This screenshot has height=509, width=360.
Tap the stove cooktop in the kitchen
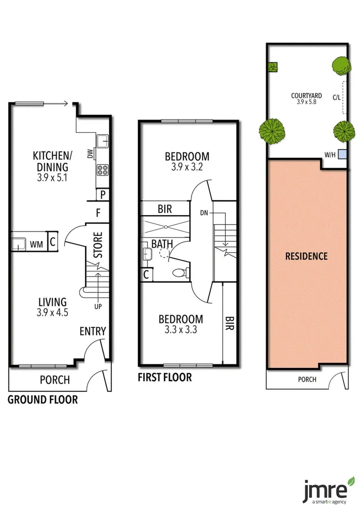tap(103, 170)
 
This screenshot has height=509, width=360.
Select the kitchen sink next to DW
tap(102, 140)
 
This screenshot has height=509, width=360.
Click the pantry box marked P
tap(102, 194)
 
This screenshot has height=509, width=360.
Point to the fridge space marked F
tap(98, 213)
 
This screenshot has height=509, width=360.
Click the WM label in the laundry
tap(36, 244)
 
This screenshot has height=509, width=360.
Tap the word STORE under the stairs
tap(98, 244)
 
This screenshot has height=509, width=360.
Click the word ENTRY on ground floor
tap(92, 331)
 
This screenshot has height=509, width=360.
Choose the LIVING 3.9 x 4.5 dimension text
tap(52, 312)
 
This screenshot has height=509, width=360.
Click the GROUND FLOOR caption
tap(43, 400)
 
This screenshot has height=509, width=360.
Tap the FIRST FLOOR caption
tap(164, 378)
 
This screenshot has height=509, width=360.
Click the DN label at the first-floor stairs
tap(204, 213)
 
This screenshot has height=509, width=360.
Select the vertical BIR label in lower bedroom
tap(229, 323)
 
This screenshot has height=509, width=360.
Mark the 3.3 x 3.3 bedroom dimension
tap(180, 329)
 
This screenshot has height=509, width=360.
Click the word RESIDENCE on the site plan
tap(306, 256)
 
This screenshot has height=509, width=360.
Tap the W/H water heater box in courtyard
tap(343, 154)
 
